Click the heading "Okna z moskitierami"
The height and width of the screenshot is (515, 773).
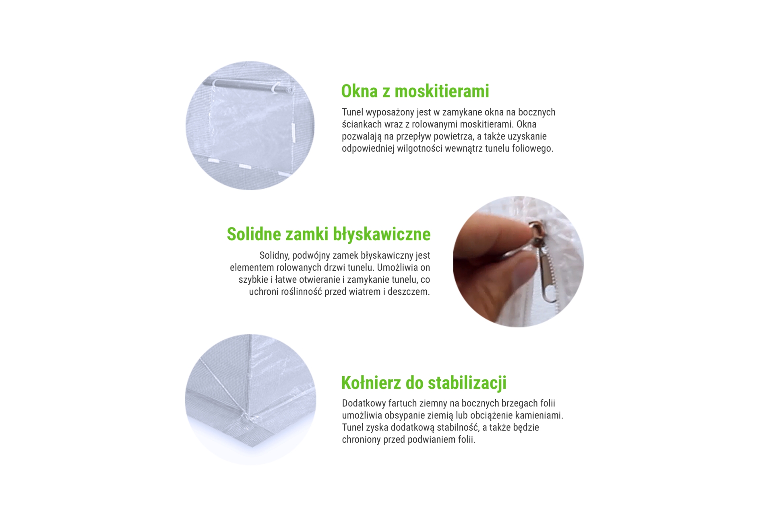415,91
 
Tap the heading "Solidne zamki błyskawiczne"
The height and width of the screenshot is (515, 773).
329,234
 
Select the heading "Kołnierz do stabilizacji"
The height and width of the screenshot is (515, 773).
424,383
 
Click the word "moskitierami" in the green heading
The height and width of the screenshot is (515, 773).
442,91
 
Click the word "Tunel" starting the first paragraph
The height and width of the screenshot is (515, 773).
352,112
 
